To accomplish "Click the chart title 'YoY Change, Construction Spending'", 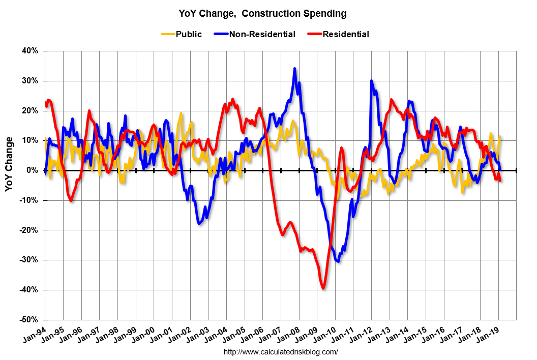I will tap(262, 14).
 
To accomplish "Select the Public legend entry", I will tap(188, 35).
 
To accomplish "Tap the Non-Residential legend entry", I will tap(262, 35).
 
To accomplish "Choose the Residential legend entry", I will tap(345, 35).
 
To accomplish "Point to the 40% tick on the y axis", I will tap(31, 51).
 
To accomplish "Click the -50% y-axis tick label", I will tap(29, 320).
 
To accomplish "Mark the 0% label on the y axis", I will tap(33, 170).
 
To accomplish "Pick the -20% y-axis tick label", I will tap(29, 230).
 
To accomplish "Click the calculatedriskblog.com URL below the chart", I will tap(281, 352).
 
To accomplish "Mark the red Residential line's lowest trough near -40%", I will tap(323, 288).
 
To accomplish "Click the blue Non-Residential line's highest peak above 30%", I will tap(294, 69).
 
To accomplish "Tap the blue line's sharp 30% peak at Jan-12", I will tap(372, 81).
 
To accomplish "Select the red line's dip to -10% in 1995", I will tap(71, 201).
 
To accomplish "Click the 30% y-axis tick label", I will tap(31, 81).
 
